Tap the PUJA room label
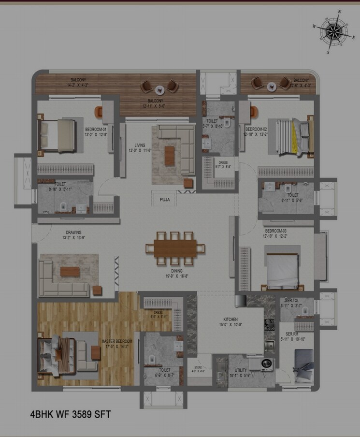tap(164, 198)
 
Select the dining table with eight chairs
tap(175, 248)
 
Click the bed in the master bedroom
tap(57, 356)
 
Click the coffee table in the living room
tap(170, 156)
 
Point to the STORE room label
tap(198, 368)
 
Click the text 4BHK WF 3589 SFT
tap(72, 414)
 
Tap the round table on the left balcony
tap(159, 89)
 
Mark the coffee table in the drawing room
tap(70, 272)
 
